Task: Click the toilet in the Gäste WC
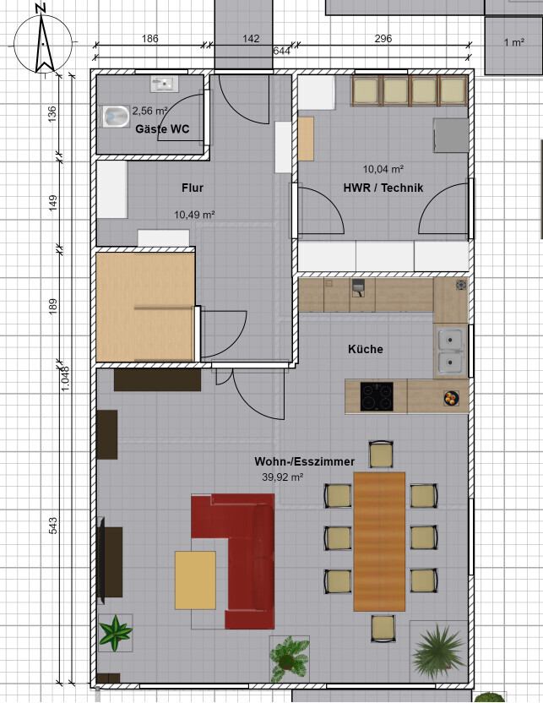click(115, 117)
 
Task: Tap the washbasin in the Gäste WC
click(164, 84)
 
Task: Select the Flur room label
click(193, 188)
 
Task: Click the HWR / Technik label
click(383, 188)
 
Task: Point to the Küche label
click(366, 349)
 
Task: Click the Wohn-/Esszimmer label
click(305, 461)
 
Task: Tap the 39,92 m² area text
click(282, 477)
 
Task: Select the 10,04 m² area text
click(383, 169)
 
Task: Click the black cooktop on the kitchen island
click(377, 396)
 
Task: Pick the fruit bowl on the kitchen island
click(451, 398)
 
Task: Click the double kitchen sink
click(451, 351)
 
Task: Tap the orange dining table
click(379, 542)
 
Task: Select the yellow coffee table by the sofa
click(195, 580)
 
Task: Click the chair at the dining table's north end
click(381, 455)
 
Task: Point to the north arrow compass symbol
click(43, 43)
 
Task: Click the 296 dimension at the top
click(383, 39)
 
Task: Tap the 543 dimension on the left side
click(53, 526)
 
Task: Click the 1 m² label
click(514, 42)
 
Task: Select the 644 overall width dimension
click(282, 51)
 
